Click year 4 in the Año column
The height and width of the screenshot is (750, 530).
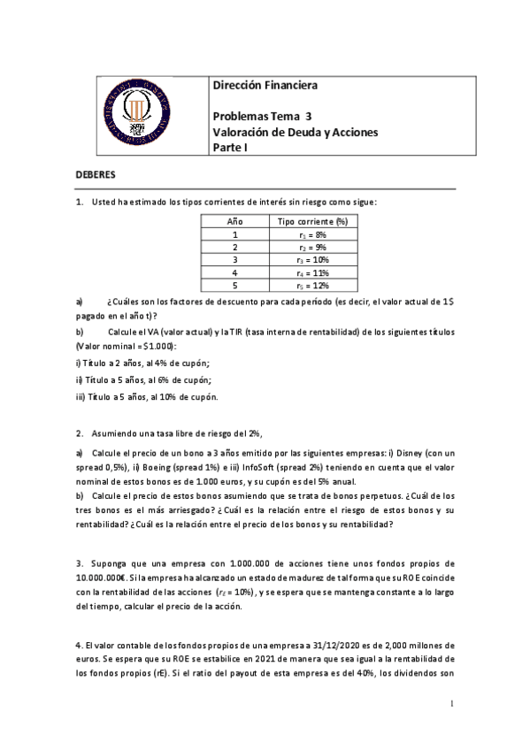[235, 272]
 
